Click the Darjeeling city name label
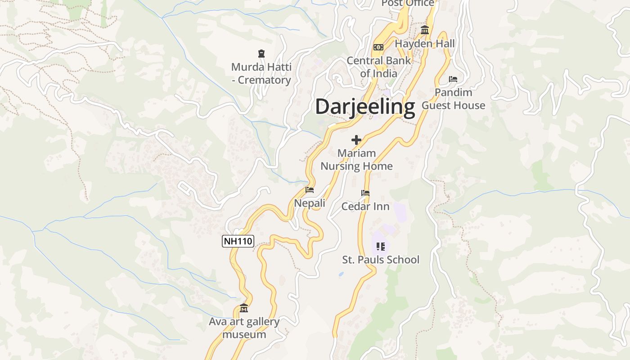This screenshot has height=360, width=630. (x=364, y=107)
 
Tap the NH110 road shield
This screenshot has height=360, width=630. (x=238, y=241)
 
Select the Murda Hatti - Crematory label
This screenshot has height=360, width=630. (x=261, y=73)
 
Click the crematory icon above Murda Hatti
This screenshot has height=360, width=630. (x=261, y=54)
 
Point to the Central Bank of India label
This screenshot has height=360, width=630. (x=378, y=67)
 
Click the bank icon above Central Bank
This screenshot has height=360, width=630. (x=378, y=47)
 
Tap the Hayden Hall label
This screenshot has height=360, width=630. (x=425, y=44)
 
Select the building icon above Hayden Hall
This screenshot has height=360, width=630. (x=424, y=30)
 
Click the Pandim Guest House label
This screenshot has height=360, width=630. (x=453, y=99)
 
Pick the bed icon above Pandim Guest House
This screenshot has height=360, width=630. (x=453, y=80)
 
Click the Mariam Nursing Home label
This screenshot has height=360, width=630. (x=356, y=160)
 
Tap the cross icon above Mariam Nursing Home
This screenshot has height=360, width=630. (x=356, y=140)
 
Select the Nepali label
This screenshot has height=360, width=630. (x=310, y=203)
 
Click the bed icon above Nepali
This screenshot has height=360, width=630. (x=310, y=190)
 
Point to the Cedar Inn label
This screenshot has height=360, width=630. (x=365, y=207)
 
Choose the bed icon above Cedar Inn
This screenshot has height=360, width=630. (x=365, y=193)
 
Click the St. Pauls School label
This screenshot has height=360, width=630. (x=381, y=260)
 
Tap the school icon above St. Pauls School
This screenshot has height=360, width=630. (x=381, y=246)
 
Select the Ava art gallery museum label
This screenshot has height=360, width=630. (x=244, y=328)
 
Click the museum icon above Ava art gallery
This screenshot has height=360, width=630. (x=244, y=308)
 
